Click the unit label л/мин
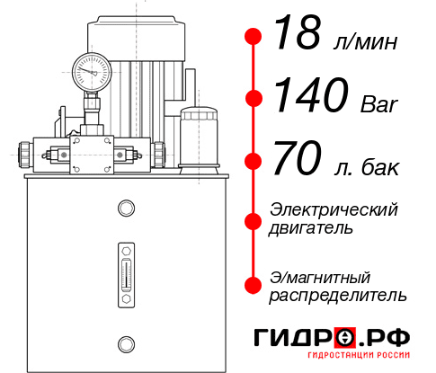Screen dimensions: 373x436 pos(361,42)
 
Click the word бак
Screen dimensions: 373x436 pos(381,168)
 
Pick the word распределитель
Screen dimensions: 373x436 pos(338,295)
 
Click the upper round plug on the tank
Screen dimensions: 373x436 pos(126,209)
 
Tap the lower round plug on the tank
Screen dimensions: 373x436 pos(126,342)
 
